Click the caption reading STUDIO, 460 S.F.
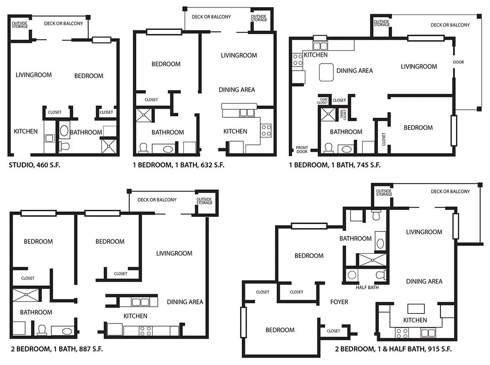click(x=35, y=165)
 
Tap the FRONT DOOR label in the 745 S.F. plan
click(x=302, y=150)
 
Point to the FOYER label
click(x=339, y=302)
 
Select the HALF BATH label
click(x=367, y=287)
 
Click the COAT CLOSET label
click(x=322, y=100)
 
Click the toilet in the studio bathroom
click(x=64, y=147)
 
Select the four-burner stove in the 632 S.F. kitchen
click(x=266, y=130)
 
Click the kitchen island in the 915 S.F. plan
click(x=416, y=309)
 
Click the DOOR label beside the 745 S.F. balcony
click(x=458, y=62)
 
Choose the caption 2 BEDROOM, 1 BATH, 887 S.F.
click(x=56, y=349)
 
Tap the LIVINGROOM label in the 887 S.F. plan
click(x=174, y=253)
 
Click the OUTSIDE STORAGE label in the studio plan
click(x=19, y=24)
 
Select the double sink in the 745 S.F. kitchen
click(x=320, y=46)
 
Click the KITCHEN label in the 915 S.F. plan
click(x=415, y=320)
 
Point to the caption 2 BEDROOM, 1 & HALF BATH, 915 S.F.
click(x=393, y=349)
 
